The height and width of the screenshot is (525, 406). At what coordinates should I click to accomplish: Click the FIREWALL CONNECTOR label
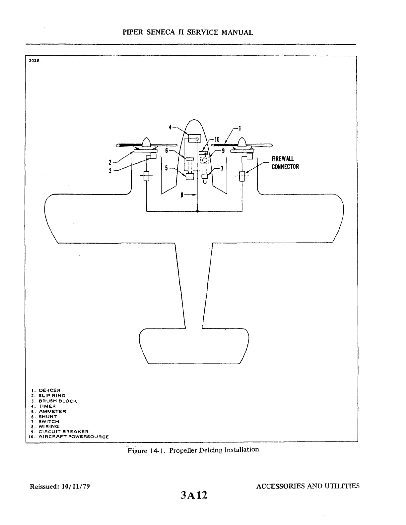pyautogui.click(x=285, y=163)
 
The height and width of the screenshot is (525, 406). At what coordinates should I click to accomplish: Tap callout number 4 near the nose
pyautogui.click(x=170, y=127)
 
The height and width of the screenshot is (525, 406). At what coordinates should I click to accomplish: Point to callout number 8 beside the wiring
pyautogui.click(x=182, y=195)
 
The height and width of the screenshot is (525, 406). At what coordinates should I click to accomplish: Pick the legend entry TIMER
pyautogui.click(x=47, y=406)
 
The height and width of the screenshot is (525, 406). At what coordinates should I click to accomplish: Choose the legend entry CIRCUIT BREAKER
pyautogui.click(x=63, y=432)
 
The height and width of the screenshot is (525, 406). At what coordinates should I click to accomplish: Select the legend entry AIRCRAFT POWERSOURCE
pyautogui.click(x=74, y=437)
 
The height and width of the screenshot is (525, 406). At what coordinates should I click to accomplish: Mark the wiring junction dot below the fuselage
pyautogui.click(x=197, y=211)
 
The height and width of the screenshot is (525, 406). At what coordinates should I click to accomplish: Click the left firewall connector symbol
pyautogui.click(x=146, y=176)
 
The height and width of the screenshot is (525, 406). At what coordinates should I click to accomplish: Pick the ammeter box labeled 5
pyautogui.click(x=189, y=177)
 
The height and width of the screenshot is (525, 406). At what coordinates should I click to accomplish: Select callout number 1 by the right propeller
pyautogui.click(x=240, y=128)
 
